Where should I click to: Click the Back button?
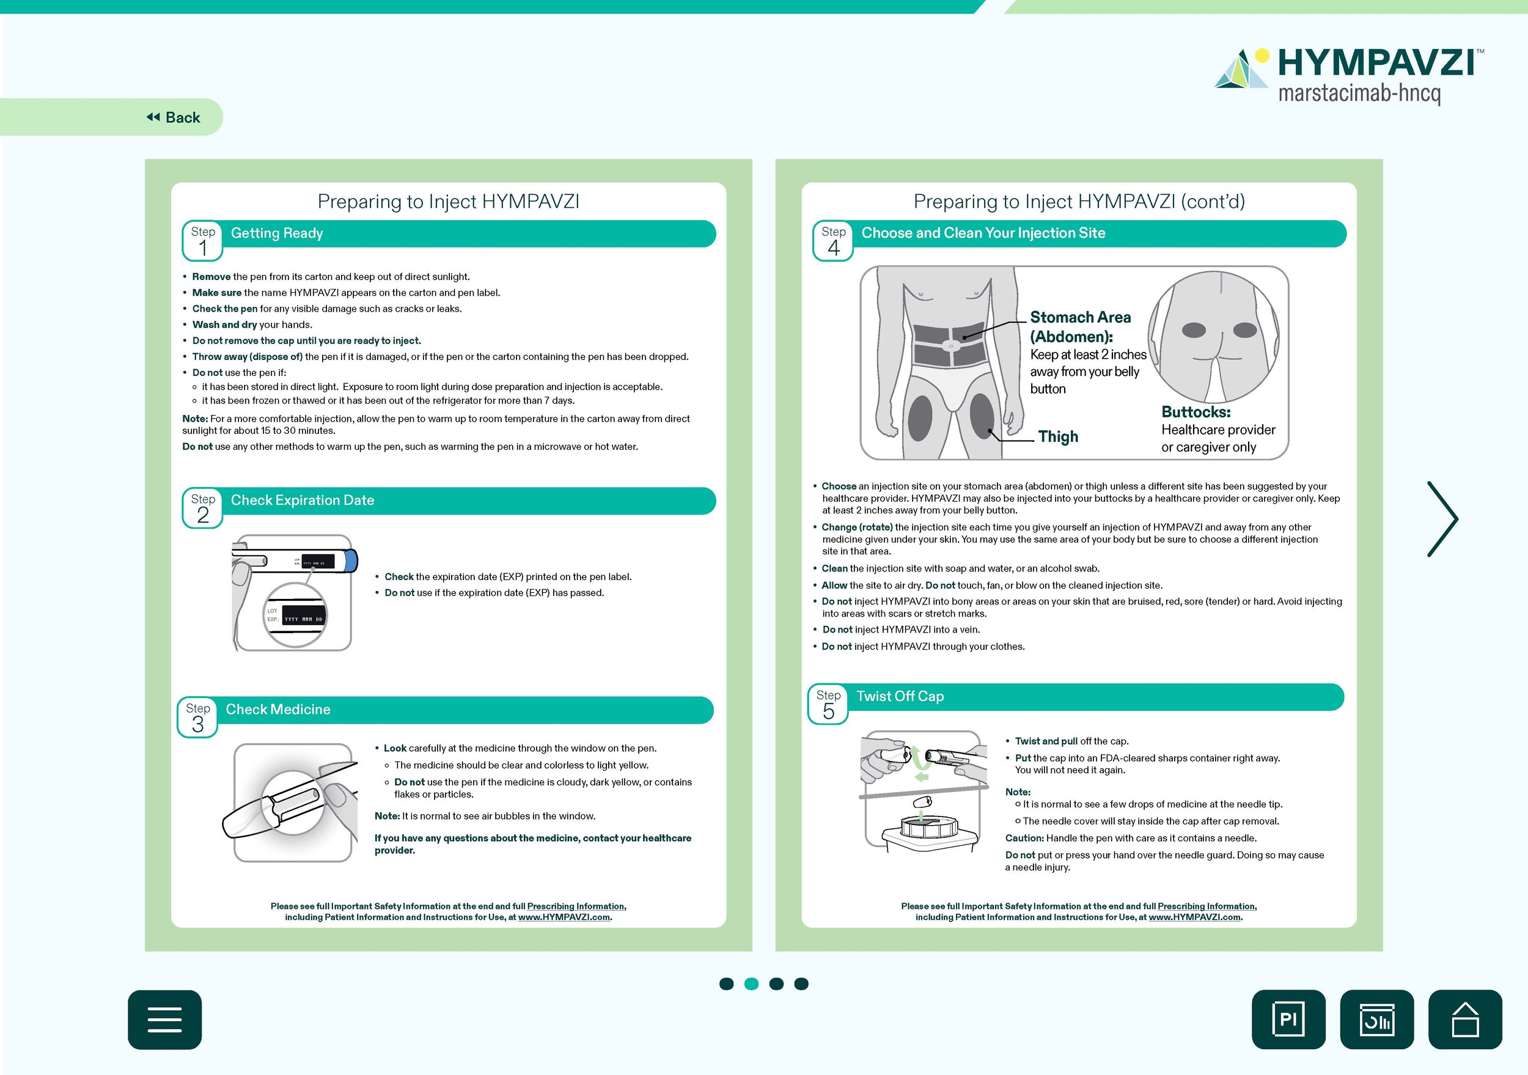(174, 118)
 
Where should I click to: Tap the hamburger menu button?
(164, 1019)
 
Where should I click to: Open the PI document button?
(1288, 1019)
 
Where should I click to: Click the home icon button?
(1465, 1019)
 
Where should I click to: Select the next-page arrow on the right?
(1442, 518)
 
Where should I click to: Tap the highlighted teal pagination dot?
(751, 984)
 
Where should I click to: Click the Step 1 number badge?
(203, 241)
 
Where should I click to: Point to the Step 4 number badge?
(833, 241)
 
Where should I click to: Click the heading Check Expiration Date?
(302, 501)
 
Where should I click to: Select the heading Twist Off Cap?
(900, 696)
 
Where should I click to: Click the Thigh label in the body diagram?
(1057, 436)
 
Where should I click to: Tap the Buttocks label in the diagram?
(1196, 412)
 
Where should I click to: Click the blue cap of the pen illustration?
(351, 561)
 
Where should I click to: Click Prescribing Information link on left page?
(576, 906)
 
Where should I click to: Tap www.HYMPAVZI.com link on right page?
(1194, 917)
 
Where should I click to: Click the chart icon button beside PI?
(1376, 1019)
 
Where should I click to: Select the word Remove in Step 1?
(211, 277)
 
